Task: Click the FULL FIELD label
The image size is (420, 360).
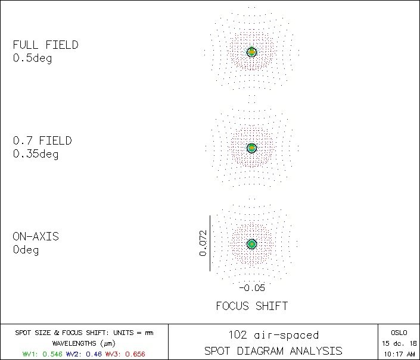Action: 45,45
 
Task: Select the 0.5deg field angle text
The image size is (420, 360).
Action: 32,58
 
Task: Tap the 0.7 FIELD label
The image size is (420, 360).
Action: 42,141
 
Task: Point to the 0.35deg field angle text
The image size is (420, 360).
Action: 35,154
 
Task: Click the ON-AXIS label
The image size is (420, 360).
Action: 36,237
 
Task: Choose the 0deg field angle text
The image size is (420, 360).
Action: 26,250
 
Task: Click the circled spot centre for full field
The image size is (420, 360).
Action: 251,52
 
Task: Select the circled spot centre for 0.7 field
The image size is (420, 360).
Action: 251,148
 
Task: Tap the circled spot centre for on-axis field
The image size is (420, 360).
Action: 251,244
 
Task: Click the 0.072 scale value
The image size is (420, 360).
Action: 203,243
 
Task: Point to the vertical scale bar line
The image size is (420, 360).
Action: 210,243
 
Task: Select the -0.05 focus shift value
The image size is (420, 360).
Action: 251,288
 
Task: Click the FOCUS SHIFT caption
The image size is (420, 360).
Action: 251,306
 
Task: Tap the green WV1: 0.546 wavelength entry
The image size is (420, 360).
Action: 43,353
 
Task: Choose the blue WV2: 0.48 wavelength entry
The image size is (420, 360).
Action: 84,353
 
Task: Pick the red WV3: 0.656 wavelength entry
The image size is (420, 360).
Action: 125,353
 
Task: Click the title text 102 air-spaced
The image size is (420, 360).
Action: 273,336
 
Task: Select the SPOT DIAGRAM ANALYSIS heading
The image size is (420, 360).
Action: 273,350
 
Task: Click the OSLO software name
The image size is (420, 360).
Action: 399,333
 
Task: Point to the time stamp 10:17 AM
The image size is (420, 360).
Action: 399,353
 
